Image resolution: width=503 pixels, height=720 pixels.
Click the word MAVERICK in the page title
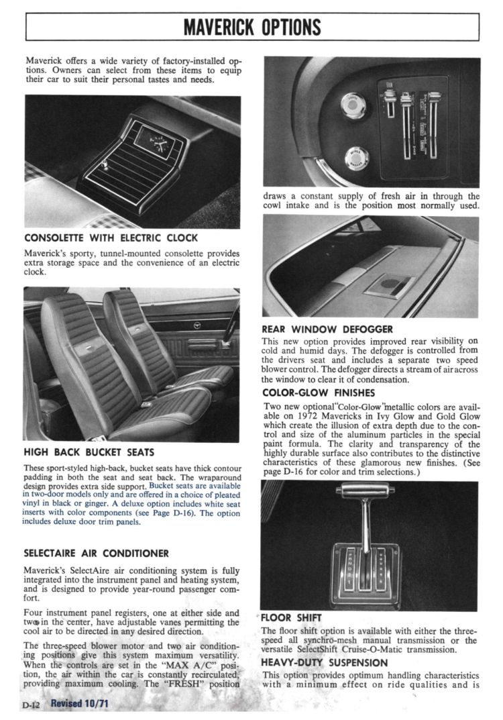pos(219,27)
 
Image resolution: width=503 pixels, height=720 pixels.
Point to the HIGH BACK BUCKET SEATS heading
pos(89,452)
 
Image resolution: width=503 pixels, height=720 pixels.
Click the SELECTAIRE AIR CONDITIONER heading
pos(96,554)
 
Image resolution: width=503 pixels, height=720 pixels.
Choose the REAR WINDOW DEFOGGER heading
pos(327,329)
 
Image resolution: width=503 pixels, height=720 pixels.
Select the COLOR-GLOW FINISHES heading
pos(318,393)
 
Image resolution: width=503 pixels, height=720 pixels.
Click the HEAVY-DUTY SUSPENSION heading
pos(325,662)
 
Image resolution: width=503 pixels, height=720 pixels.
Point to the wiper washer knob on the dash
pos(356,159)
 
